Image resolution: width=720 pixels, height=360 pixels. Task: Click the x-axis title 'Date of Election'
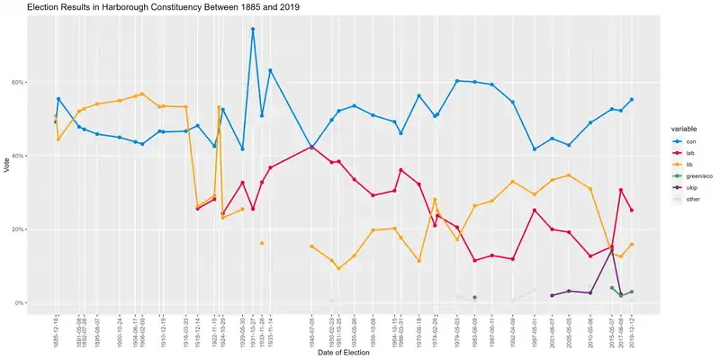tap(346, 352)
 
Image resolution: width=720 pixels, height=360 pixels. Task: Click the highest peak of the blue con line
tap(253, 29)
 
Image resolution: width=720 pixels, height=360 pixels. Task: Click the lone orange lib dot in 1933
tap(262, 243)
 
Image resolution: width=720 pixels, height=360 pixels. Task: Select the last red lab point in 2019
tap(632, 211)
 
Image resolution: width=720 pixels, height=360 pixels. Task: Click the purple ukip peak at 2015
tap(612, 249)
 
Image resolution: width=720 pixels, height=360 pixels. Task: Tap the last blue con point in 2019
tap(632, 100)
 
